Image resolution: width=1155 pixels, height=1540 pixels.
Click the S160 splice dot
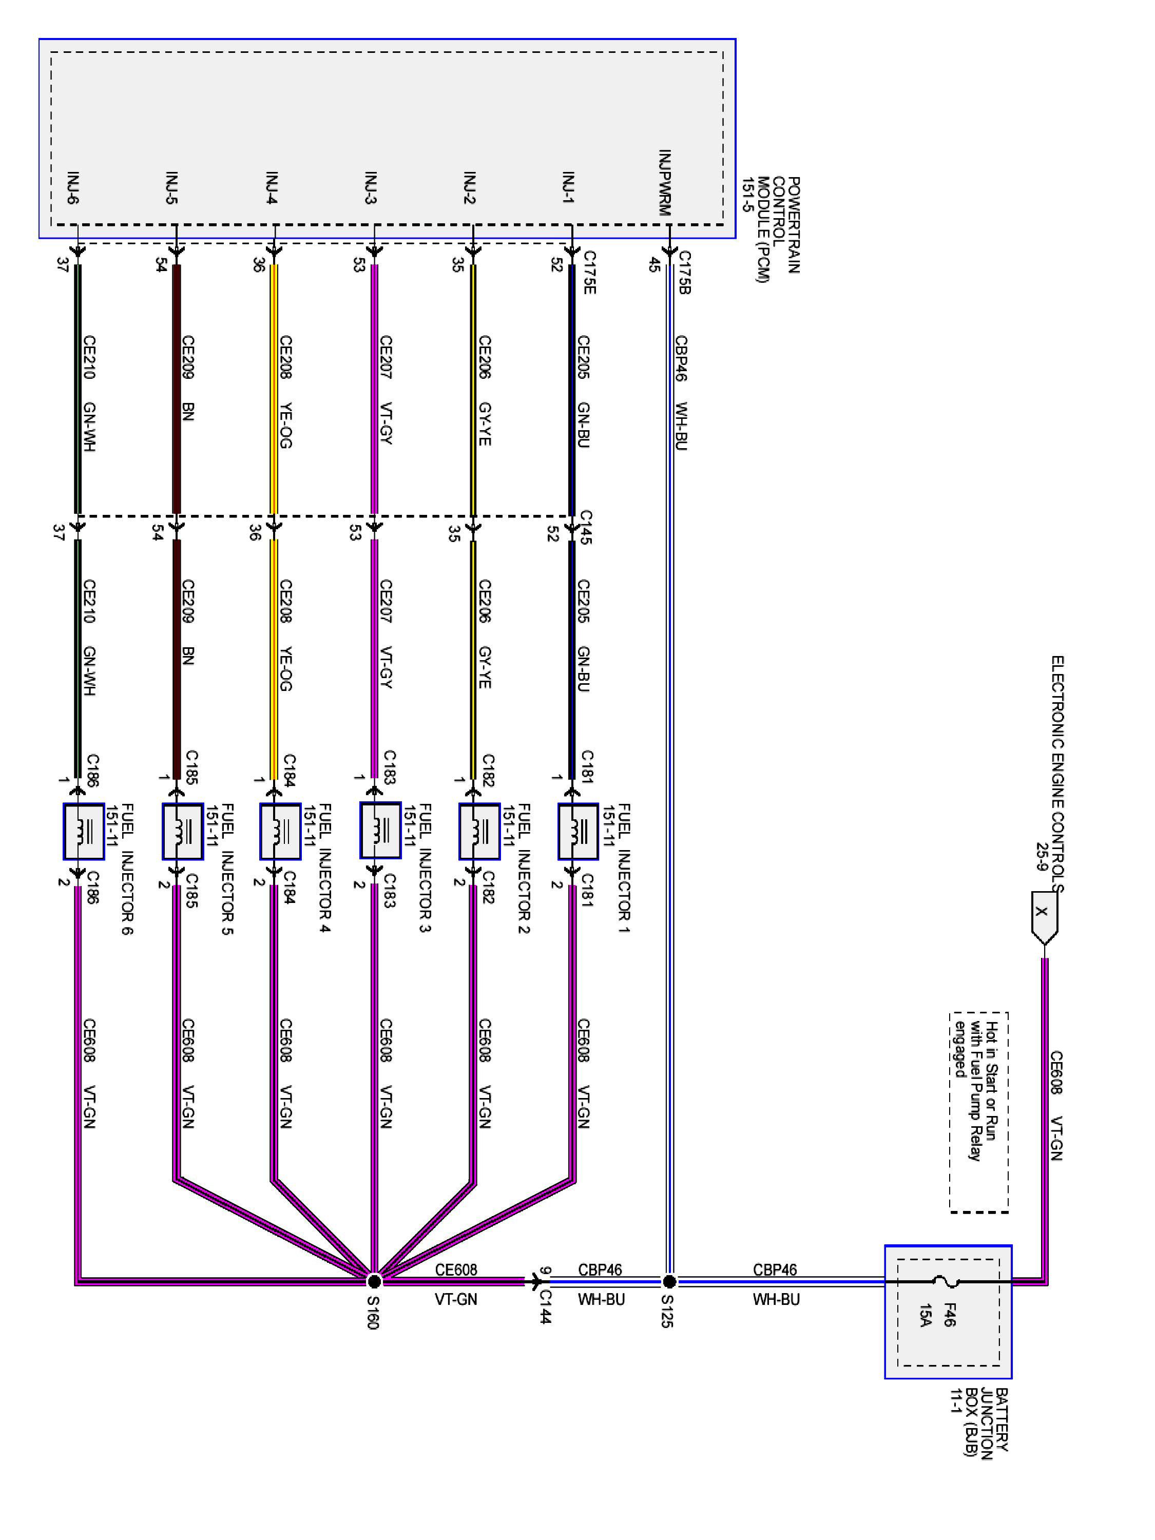374,1281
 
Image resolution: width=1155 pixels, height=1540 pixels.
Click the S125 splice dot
669,1281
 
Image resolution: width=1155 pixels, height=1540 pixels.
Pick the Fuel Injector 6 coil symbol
84,831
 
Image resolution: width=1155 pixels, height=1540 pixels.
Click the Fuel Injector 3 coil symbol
380,830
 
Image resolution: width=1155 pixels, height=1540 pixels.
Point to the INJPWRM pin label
665,182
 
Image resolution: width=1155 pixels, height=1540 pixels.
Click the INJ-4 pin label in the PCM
272,188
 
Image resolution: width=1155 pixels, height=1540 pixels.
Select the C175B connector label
684,272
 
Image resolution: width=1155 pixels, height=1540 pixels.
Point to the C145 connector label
586,527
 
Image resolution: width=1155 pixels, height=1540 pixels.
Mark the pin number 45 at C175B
654,264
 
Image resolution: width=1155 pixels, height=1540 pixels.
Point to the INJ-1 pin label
569,188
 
